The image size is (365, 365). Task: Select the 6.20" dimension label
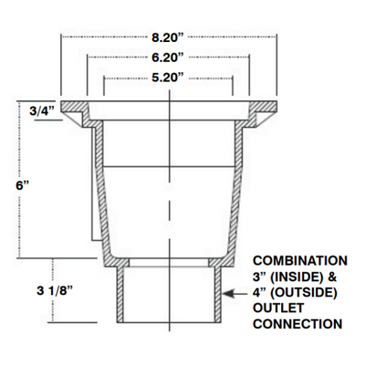tap(170, 57)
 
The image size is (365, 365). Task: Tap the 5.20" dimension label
tap(170, 77)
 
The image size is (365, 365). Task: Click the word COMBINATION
tap(298, 260)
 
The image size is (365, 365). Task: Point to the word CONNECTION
tap(297, 324)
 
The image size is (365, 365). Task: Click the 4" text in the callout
tap(258, 293)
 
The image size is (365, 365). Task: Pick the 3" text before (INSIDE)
tap(259, 276)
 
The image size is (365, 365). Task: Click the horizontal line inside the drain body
tap(170, 163)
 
